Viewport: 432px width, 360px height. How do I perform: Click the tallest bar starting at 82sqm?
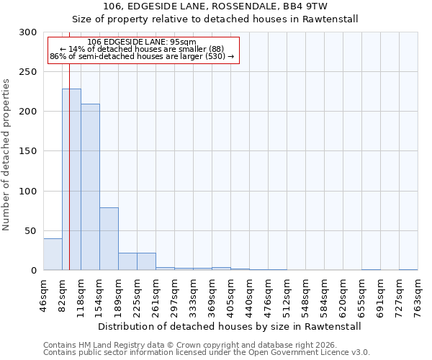(71, 180)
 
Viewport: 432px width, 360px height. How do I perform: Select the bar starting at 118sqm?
(90, 187)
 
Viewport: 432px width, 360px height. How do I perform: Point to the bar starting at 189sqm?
(127, 262)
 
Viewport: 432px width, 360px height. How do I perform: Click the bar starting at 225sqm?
(146, 262)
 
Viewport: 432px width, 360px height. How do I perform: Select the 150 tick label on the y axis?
(29, 152)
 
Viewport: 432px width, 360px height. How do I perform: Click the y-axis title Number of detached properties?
(6, 155)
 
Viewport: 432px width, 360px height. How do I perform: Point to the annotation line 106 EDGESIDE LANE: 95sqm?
(141, 42)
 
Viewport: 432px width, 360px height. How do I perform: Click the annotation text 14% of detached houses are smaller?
(141, 49)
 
